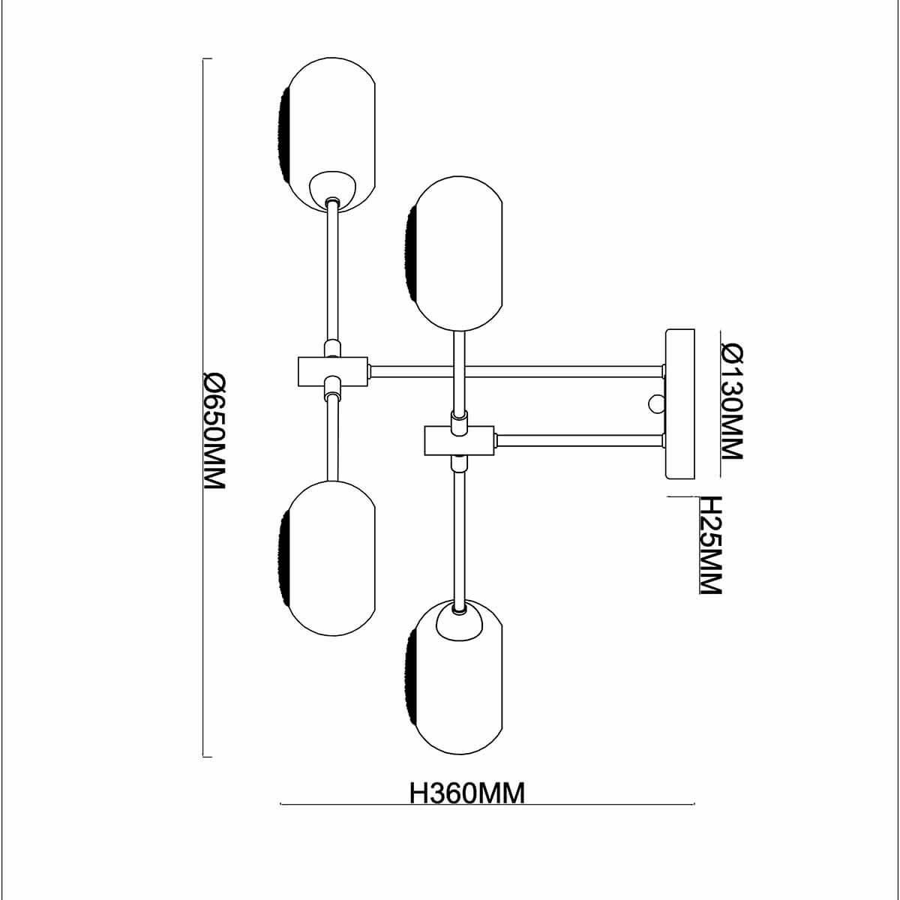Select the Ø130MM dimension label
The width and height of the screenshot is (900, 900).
coord(730,401)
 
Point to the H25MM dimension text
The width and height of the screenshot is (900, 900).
coord(709,545)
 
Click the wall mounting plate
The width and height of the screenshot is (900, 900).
coord(681,405)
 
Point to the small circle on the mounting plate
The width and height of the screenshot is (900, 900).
coord(657,403)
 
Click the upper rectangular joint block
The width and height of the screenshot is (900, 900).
coord(331,371)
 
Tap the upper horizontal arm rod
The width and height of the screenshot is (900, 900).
coord(517,371)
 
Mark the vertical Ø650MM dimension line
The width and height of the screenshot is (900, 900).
coord(204,409)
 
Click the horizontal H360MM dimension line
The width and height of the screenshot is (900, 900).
coord(487,805)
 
